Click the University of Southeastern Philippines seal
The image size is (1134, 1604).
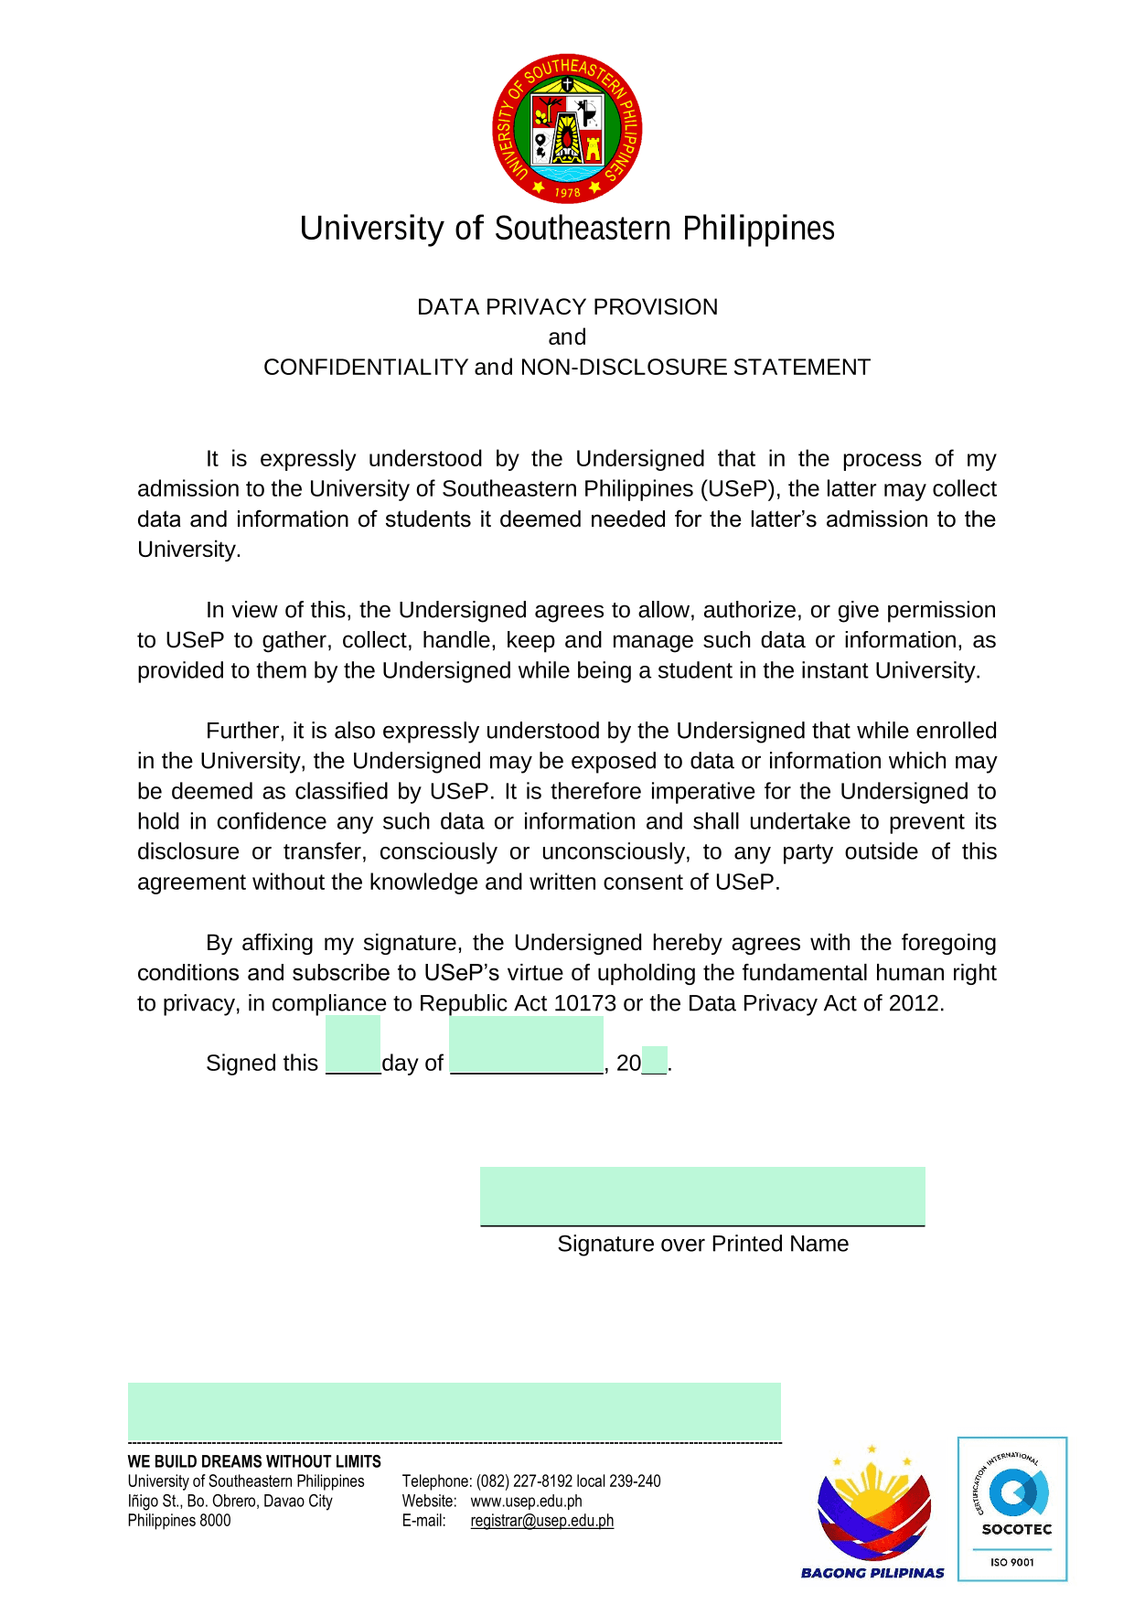[x=567, y=128]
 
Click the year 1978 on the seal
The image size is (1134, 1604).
[x=568, y=192]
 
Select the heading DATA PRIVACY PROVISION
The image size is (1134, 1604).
[x=567, y=307]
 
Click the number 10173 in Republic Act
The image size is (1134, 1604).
[x=584, y=1004]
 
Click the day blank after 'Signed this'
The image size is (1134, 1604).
[x=353, y=1047]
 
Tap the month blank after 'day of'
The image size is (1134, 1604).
[x=526, y=1047]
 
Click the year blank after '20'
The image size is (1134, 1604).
[x=655, y=1061]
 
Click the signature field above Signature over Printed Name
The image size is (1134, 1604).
[x=702, y=1196]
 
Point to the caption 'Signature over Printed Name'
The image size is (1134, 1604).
[x=702, y=1245]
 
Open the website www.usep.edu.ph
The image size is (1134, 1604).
[x=526, y=1502]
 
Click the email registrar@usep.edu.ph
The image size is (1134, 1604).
[x=541, y=1522]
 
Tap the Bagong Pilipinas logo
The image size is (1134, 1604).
[x=872, y=1513]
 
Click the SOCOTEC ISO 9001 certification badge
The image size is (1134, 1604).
[x=1012, y=1509]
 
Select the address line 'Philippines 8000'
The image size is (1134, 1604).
[x=179, y=1522]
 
